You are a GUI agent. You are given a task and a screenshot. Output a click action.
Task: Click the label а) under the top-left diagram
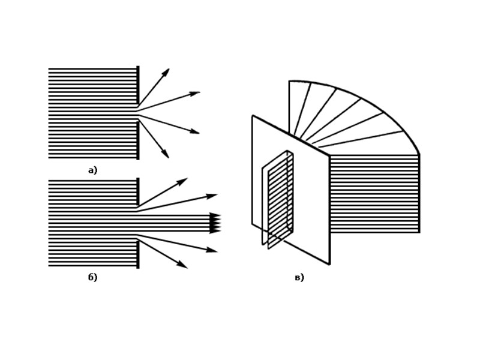92,170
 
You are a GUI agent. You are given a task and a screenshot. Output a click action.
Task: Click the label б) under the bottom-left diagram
92,277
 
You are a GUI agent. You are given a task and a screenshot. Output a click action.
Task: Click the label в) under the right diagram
299,277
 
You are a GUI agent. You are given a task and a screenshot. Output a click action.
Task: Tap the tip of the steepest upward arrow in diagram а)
169,69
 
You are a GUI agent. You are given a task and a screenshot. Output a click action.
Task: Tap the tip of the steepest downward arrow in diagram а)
169,157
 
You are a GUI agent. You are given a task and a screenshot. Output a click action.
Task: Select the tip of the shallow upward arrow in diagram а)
199,92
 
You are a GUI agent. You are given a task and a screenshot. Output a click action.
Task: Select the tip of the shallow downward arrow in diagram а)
199,133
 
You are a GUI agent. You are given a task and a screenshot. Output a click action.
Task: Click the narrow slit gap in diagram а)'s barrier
138,113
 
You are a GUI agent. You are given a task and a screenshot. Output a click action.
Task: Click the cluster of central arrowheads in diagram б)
215,223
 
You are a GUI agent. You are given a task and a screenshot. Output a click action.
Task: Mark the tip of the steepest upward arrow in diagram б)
187,178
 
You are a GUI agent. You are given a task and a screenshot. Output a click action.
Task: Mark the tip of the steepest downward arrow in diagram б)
187,268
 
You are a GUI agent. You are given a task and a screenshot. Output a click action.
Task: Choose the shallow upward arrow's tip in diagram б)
217,194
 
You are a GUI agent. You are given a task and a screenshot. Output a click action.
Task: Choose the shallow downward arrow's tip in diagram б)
217,251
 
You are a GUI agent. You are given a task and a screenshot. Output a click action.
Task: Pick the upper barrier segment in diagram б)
138,192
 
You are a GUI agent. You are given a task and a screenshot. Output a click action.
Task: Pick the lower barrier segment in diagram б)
138,254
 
